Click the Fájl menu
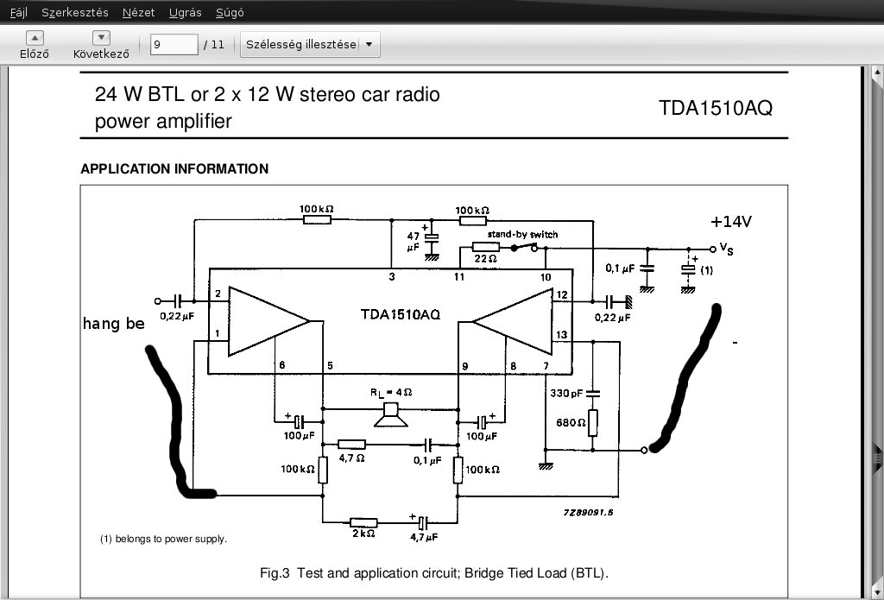coord(19,12)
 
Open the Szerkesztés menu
coord(75,12)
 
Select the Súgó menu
coord(230,12)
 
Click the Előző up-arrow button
coord(35,38)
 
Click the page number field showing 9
coord(174,44)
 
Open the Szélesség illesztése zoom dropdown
coord(310,44)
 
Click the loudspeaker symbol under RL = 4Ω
coord(391,415)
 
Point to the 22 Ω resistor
coord(485,247)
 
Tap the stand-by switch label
coord(522,234)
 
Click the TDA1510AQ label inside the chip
coord(401,314)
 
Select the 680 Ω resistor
coord(592,423)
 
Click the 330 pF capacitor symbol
coord(592,393)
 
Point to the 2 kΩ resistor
coord(363,523)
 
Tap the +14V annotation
coord(731,222)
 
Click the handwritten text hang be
coord(114,324)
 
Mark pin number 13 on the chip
coord(561,334)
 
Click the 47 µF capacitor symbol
coord(432,238)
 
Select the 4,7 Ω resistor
coord(352,445)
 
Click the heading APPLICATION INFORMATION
coord(174,168)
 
